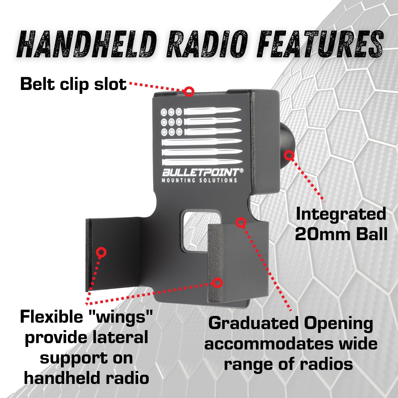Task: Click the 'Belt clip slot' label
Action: (73, 84)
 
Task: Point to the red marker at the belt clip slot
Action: (189, 92)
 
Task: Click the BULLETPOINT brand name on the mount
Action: (201, 173)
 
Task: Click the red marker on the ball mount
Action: (289, 155)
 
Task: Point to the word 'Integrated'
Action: (341, 214)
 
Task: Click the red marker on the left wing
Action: (101, 252)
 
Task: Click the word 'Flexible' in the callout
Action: (52, 317)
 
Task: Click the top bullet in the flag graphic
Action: (212, 111)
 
